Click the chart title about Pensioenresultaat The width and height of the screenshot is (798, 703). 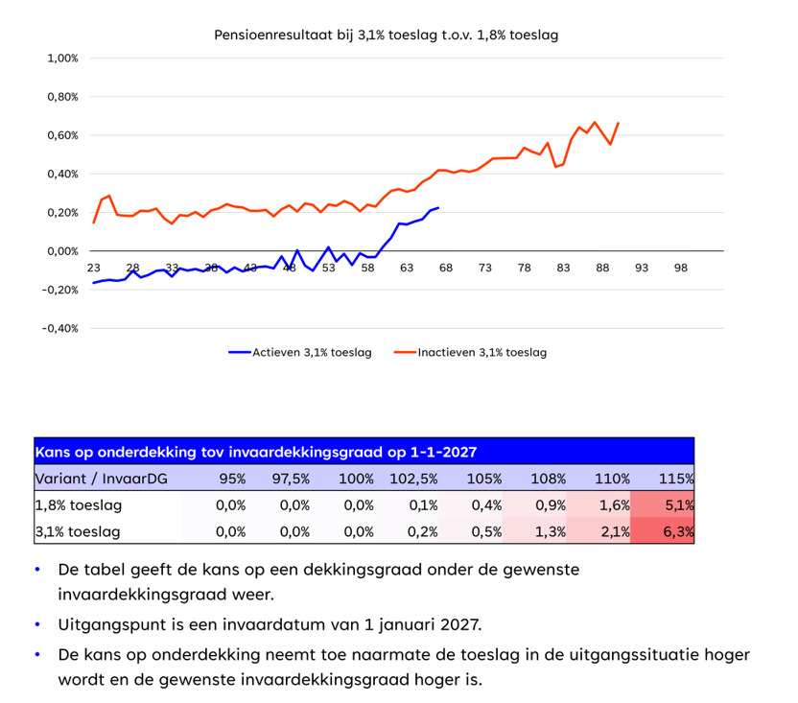pyautogui.click(x=386, y=35)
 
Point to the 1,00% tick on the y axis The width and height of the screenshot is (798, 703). pyautogui.click(x=62, y=58)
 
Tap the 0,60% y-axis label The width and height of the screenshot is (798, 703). pyautogui.click(x=62, y=135)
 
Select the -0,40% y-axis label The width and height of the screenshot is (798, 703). pyautogui.click(x=60, y=328)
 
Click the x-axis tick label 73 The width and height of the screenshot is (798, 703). pyautogui.click(x=485, y=268)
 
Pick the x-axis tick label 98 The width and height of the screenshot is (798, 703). pyautogui.click(x=681, y=268)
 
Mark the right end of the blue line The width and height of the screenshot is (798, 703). pyautogui.click(x=438, y=208)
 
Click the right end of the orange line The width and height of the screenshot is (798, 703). pyautogui.click(x=619, y=123)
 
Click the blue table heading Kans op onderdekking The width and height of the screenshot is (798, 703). pyautogui.click(x=255, y=452)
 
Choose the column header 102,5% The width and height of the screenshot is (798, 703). pyautogui.click(x=414, y=479)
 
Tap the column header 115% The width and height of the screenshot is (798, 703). pyautogui.click(x=675, y=479)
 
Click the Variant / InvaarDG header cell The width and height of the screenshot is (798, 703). pyautogui.click(x=101, y=479)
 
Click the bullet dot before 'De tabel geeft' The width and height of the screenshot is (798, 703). pyautogui.click(x=37, y=570)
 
